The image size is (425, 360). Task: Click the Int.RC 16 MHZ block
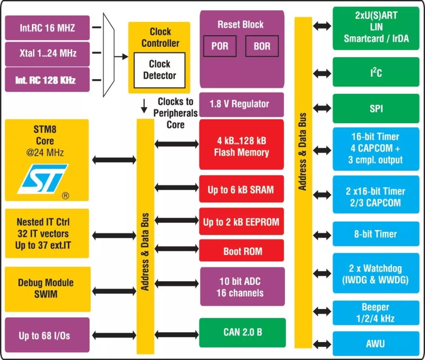[47, 28]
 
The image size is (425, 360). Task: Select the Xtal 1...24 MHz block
[47, 53]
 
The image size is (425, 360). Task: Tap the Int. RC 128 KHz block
[47, 80]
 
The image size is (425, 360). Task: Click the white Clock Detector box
[159, 70]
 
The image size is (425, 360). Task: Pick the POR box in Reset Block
[220, 46]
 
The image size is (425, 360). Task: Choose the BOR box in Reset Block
[262, 46]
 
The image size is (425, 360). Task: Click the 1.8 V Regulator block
[242, 104]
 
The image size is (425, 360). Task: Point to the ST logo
[43, 179]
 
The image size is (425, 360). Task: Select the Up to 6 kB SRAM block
[241, 190]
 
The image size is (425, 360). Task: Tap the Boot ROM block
[241, 251]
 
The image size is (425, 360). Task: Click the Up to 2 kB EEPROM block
[241, 222]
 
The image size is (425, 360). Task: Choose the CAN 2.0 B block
[242, 332]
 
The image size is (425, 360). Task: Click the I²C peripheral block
[376, 72]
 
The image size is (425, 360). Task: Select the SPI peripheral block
[376, 109]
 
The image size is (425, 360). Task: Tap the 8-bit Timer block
[376, 234]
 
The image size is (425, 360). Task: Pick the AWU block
[376, 343]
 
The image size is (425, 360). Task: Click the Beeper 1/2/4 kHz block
[376, 313]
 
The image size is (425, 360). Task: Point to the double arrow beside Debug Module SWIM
[114, 291]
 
